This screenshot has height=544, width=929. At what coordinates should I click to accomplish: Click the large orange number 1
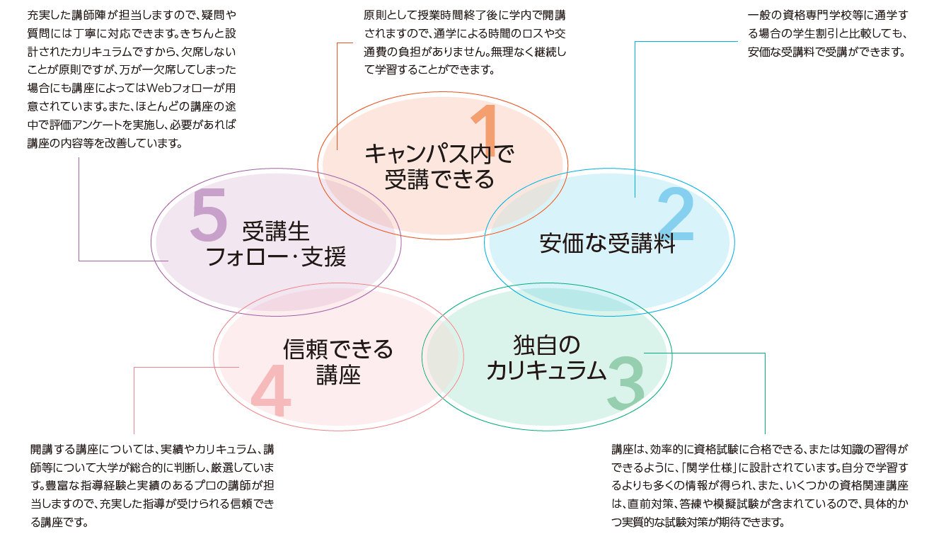[x=485, y=130]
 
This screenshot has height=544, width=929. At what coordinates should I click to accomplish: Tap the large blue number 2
[x=676, y=214]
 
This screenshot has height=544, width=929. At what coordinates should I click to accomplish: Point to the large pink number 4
[x=271, y=390]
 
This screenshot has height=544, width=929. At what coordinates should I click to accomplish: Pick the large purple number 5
[x=209, y=215]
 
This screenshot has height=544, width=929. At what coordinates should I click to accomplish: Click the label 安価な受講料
[x=607, y=244]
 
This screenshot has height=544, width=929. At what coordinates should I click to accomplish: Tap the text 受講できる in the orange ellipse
[x=439, y=179]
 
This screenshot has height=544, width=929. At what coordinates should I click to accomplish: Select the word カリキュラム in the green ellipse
[x=546, y=370]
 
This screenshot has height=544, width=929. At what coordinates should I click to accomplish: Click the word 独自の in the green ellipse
[x=547, y=345]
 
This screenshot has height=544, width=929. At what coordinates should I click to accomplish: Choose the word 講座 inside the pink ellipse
[x=338, y=375]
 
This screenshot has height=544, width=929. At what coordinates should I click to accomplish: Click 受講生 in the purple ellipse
[x=276, y=232]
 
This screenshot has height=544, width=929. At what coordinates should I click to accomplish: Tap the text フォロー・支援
[x=276, y=256]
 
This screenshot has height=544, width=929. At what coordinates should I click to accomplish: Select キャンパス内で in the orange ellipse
[x=439, y=154]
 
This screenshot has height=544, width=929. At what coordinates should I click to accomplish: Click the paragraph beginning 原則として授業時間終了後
[x=465, y=42]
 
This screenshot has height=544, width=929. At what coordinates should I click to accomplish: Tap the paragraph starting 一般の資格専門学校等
[x=828, y=33]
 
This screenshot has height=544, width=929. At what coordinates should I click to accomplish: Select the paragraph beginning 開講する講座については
[x=152, y=486]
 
